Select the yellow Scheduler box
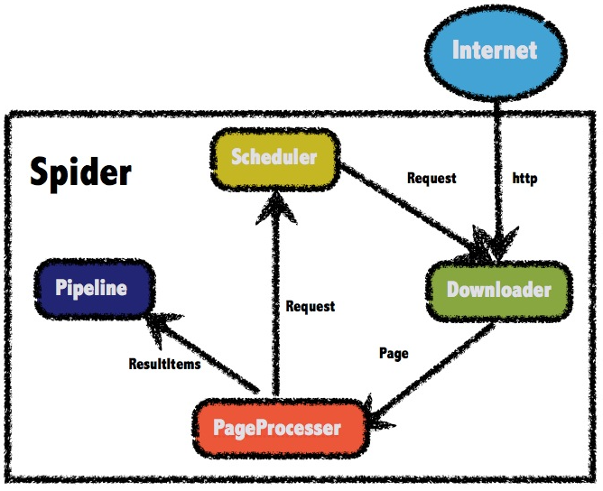[x=275, y=159]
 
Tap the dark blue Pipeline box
[x=94, y=289]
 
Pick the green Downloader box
[x=499, y=291]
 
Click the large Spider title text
[x=80, y=172]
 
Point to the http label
[x=525, y=179]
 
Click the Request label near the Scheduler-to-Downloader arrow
[x=431, y=178]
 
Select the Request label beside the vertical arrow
[x=311, y=307]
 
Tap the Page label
[x=394, y=354]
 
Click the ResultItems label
[x=164, y=364]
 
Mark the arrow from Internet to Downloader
[x=497, y=179]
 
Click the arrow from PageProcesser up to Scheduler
[x=275, y=294]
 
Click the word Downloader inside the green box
[x=499, y=290]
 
